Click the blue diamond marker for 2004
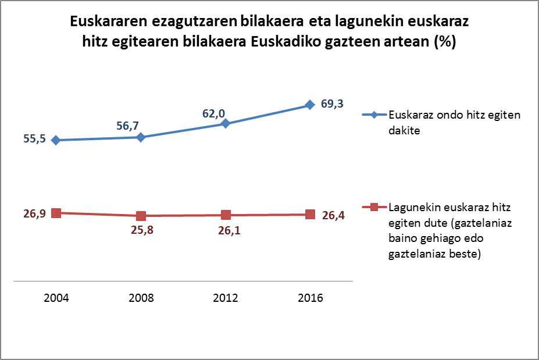coord(56,140)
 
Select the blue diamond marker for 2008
coord(141,137)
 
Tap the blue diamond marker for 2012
coord(226,124)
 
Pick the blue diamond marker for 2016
coord(310,105)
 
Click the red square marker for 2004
coord(56,213)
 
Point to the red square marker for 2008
coord(141,216)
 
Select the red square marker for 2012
coord(226,215)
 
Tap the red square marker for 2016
coord(310,214)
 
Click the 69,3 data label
coord(333,104)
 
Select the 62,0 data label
coord(213,111)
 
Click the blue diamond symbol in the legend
coord(374,115)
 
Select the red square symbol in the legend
coord(374,207)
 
